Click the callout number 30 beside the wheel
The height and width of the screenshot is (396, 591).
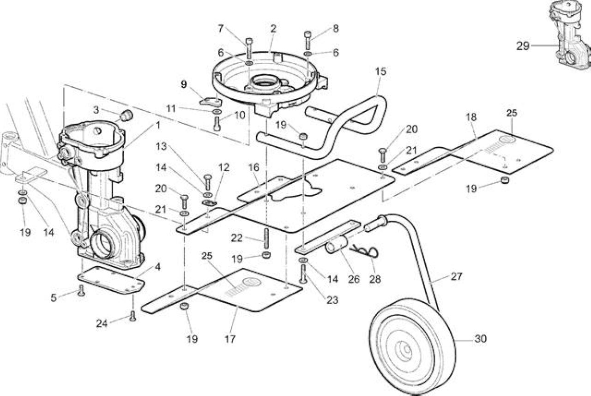coord(481,339)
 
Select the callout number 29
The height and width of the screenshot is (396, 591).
coord(523,46)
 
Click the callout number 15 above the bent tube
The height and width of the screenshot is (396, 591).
coord(380,71)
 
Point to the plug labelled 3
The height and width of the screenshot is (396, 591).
coord(127,115)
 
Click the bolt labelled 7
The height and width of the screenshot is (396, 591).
coord(249,48)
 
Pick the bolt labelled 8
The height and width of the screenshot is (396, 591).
coord(308,40)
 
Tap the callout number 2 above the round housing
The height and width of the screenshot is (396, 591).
coord(273,29)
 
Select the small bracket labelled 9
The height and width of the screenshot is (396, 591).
coord(211,102)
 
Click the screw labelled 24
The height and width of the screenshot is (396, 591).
coord(133,316)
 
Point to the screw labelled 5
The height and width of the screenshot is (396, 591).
coord(81,291)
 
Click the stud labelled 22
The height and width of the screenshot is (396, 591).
coord(266,238)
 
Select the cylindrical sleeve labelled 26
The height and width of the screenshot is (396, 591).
coord(337,245)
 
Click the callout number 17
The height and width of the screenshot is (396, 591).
coord(230,339)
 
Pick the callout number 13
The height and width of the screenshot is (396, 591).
coord(161,146)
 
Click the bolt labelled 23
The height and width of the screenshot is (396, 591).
coord(303,274)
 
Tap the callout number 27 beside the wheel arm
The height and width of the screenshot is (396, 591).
coord(457,276)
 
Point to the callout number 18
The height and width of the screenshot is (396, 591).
coord(471,117)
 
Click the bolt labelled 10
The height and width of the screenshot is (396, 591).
coord(217,123)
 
